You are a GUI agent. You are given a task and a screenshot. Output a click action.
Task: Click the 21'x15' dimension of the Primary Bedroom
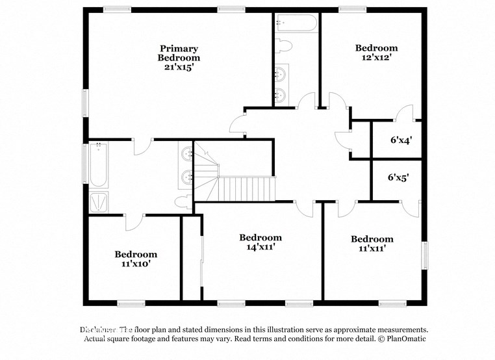click(179, 67)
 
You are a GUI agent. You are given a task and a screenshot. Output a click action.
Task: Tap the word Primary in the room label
click(179, 48)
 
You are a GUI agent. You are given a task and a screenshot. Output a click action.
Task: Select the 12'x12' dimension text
click(376, 57)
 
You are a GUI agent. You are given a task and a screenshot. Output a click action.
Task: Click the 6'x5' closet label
click(398, 177)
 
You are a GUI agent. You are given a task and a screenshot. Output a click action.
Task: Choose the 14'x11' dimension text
click(260, 247)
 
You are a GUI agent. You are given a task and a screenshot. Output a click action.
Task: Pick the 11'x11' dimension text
click(372, 248)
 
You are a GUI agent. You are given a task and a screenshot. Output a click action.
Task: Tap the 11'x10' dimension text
click(136, 264)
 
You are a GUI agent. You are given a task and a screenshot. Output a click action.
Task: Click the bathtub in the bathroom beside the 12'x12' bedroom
click(296, 23)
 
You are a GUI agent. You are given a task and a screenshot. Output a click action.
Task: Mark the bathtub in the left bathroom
click(99, 165)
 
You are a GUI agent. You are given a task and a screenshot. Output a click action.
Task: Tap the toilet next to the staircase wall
click(184, 200)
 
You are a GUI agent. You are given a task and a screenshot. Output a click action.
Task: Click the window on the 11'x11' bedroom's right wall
click(425, 254)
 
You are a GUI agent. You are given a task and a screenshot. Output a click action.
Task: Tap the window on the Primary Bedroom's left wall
click(85, 103)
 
